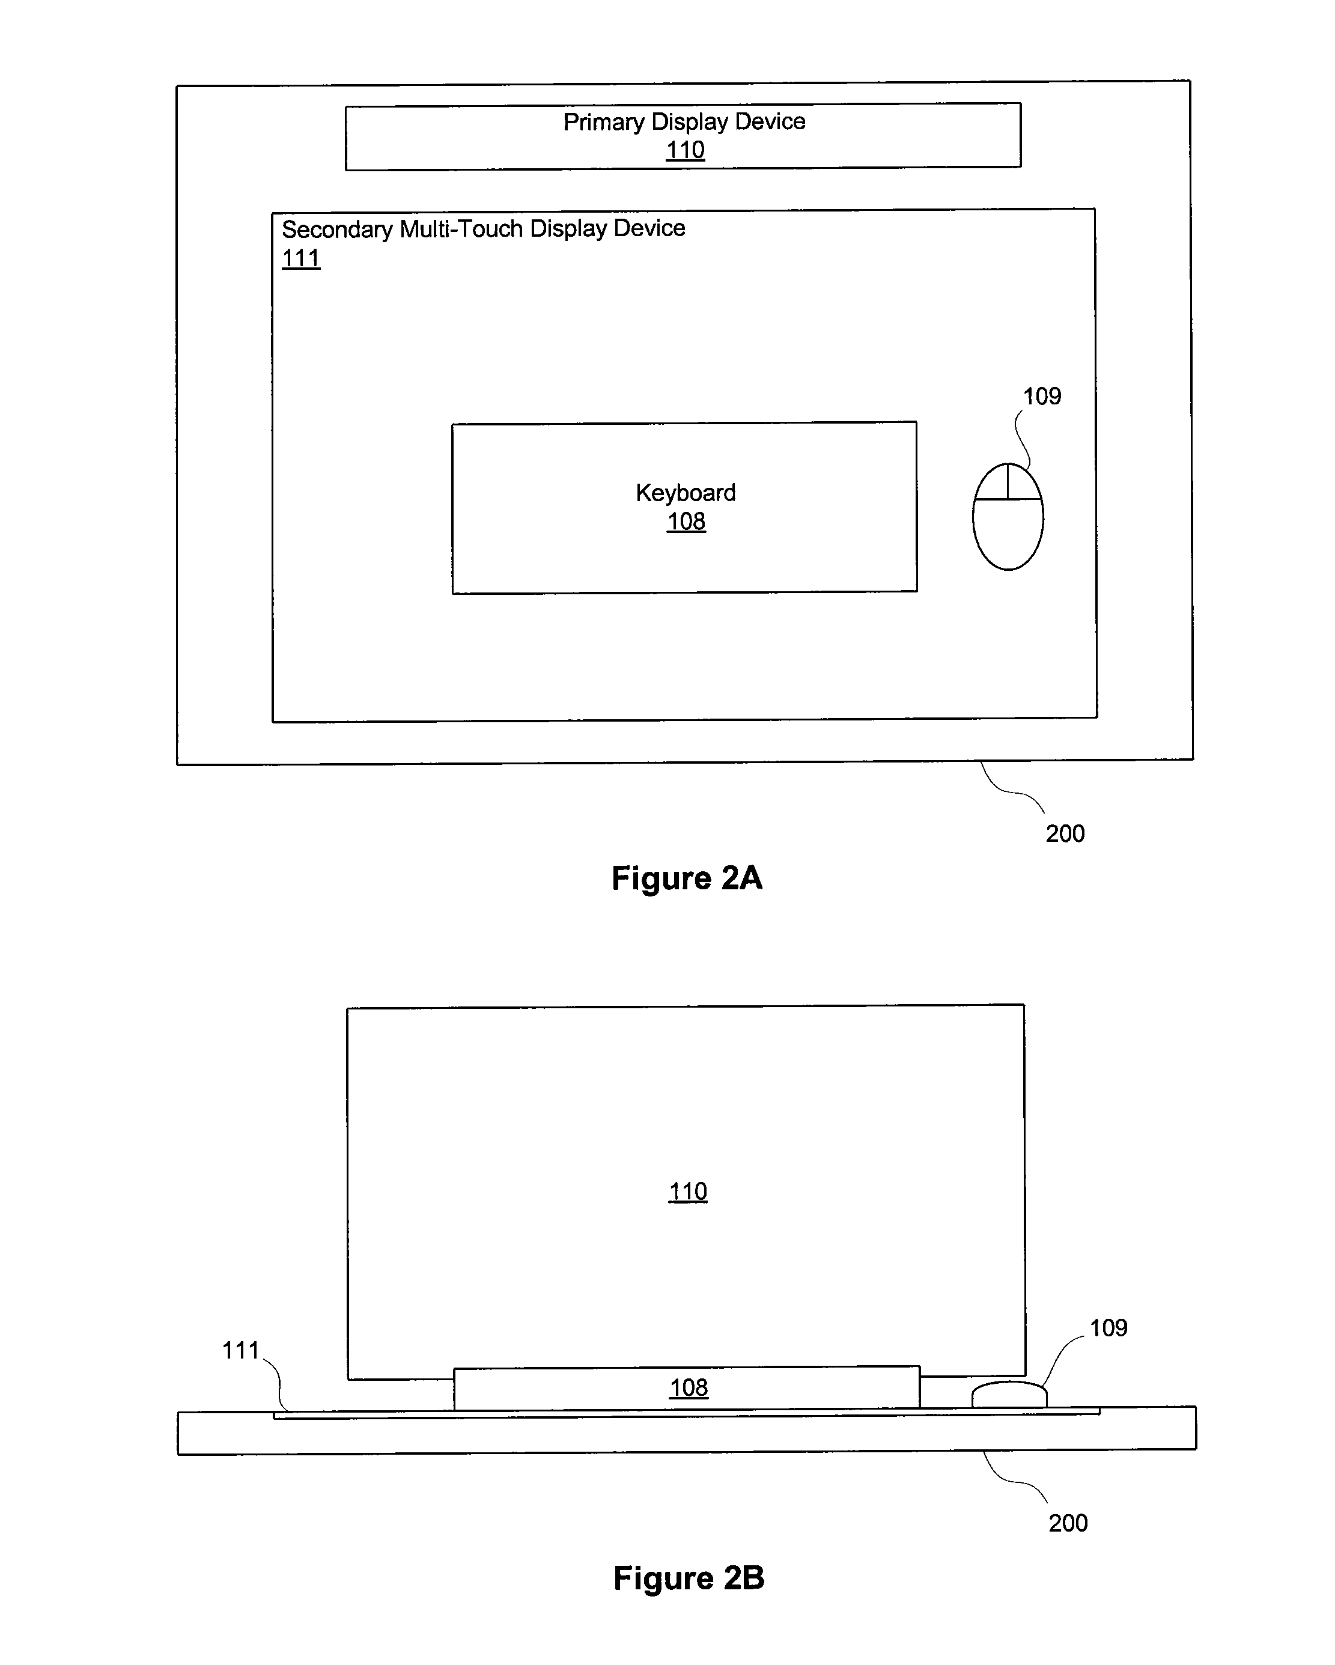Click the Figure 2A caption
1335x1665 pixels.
(686, 878)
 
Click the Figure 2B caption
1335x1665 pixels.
(689, 1578)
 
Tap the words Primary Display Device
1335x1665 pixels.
(684, 121)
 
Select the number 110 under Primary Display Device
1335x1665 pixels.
(686, 150)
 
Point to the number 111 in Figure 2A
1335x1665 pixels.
(301, 258)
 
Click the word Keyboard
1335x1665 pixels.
(686, 493)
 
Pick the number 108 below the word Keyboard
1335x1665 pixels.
(686, 522)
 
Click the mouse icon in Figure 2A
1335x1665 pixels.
(1008, 516)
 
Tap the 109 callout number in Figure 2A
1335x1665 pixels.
(1042, 396)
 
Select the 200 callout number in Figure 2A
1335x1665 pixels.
(1065, 833)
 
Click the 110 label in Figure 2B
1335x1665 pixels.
(688, 1192)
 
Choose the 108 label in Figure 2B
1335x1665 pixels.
(689, 1388)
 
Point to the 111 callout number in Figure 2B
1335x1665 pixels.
(240, 1350)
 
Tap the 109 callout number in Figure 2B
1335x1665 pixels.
(1108, 1327)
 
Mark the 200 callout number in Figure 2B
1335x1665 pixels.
(1068, 1523)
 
